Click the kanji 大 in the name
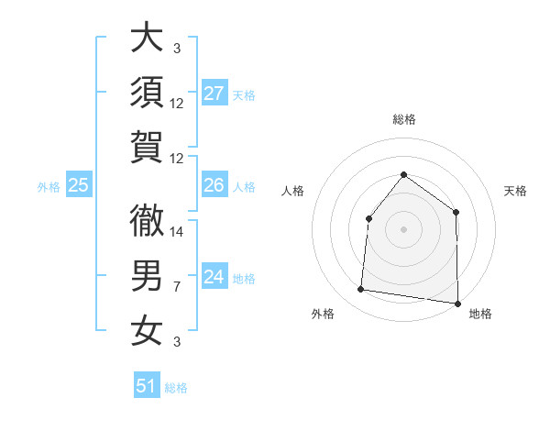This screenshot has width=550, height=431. [x=147, y=39]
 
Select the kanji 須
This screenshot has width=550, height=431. [x=147, y=93]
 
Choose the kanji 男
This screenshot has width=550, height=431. [x=147, y=276]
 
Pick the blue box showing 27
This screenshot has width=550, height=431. [x=214, y=94]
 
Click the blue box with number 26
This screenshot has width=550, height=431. [x=214, y=185]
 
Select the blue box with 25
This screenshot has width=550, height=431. [x=79, y=185]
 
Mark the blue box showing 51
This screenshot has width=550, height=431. [x=147, y=386]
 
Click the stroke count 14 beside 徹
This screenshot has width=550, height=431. [x=178, y=231]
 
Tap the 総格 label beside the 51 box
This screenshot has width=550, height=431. [x=176, y=388]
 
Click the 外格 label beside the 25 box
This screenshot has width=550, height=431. [x=49, y=187]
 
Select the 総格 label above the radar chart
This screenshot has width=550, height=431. [x=403, y=120]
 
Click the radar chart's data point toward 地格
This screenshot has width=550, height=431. [x=457, y=303]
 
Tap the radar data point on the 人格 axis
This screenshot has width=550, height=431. [x=368, y=218]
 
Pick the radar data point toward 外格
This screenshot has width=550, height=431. [x=361, y=290]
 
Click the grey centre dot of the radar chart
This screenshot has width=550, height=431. [x=403, y=228]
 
